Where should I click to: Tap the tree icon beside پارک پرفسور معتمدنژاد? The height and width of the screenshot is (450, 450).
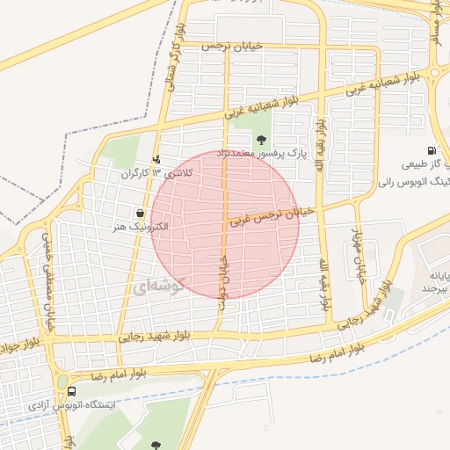click(x=261, y=139)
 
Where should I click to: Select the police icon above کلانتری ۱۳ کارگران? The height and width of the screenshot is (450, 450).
click(x=156, y=159)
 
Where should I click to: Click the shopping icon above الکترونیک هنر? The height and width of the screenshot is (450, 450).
click(x=140, y=213)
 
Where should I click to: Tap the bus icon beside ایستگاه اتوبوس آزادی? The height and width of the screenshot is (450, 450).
click(x=71, y=392)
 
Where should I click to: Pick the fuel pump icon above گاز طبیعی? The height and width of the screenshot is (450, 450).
click(x=431, y=150)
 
